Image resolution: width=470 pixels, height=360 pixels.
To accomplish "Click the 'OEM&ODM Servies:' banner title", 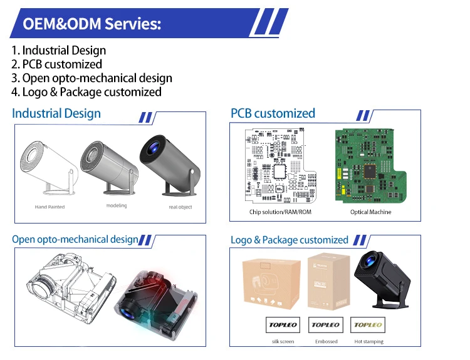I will pyautogui.click(x=92, y=24).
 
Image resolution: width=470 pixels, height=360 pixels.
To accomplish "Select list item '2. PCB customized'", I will pyautogui.click(x=56, y=64).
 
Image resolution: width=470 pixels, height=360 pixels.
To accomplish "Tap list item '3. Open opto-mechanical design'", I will pyautogui.click(x=91, y=78).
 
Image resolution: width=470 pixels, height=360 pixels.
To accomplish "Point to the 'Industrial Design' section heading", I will pyautogui.click(x=56, y=113).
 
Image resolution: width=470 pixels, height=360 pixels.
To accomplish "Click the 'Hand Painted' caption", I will pyautogui.click(x=50, y=207).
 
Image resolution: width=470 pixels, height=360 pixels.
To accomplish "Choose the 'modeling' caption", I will pyautogui.click(x=116, y=205).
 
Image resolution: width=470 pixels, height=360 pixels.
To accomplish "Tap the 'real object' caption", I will pyautogui.click(x=180, y=207).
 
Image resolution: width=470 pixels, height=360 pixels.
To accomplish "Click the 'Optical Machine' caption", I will pyautogui.click(x=370, y=212).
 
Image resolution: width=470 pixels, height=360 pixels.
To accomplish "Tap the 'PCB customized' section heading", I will pyautogui.click(x=273, y=113).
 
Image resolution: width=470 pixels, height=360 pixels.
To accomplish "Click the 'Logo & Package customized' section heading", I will pyautogui.click(x=289, y=240).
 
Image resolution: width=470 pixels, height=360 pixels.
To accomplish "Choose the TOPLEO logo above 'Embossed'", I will pyautogui.click(x=326, y=325).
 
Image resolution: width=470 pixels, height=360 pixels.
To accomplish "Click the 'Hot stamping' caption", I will pyautogui.click(x=368, y=342).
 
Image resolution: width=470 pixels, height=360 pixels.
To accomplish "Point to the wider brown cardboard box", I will pyautogui.click(x=271, y=285).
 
